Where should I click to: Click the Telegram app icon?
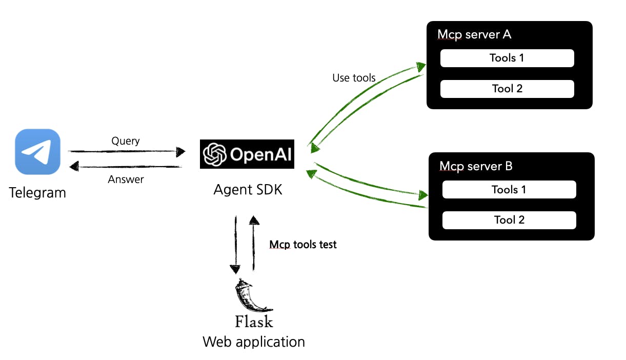click(37, 152)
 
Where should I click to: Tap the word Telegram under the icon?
click(37, 193)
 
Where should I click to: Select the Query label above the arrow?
click(125, 141)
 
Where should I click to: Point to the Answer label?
click(126, 179)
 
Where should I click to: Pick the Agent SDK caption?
click(248, 190)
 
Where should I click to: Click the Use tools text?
click(354, 78)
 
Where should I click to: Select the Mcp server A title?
click(474, 35)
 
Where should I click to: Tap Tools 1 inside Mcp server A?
click(507, 58)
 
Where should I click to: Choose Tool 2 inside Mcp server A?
click(507, 89)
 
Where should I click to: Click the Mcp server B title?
click(476, 166)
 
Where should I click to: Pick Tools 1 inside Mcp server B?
click(509, 190)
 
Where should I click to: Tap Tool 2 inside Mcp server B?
click(509, 220)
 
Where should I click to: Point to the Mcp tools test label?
click(303, 245)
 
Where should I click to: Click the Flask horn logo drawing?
click(251, 296)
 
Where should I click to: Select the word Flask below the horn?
click(254, 322)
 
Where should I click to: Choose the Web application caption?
click(254, 342)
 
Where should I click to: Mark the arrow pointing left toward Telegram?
click(125, 166)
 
